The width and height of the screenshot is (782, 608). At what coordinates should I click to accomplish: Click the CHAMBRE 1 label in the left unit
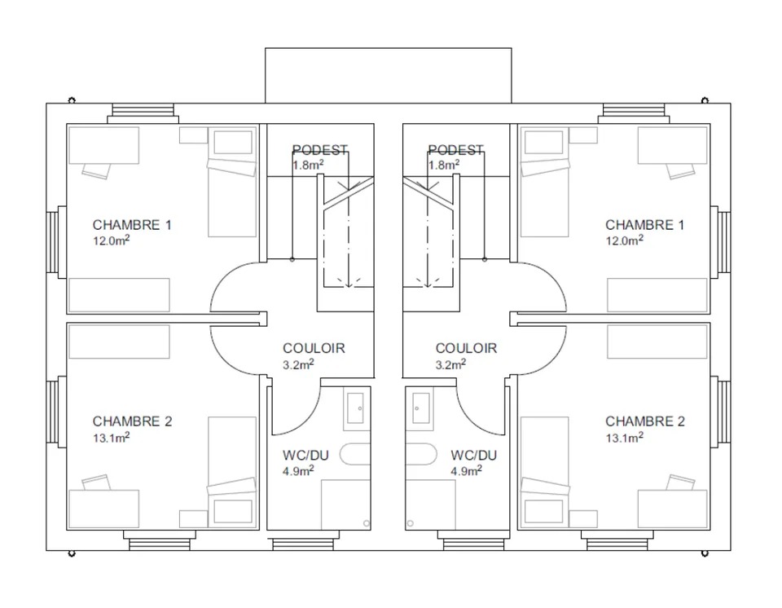pyautogui.click(x=132, y=225)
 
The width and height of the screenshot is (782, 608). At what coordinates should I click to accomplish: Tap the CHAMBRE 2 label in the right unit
pyautogui.click(x=645, y=421)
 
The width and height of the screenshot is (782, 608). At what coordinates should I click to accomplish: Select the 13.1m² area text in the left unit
pyautogui.click(x=112, y=438)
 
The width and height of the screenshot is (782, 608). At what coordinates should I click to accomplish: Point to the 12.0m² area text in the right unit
pyautogui.click(x=625, y=240)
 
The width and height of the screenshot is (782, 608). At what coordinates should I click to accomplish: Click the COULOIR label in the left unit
pyautogui.click(x=314, y=348)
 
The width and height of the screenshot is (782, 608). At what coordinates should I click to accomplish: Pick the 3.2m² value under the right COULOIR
pyautogui.click(x=450, y=364)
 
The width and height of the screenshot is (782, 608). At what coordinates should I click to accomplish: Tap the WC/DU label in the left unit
pyautogui.click(x=305, y=456)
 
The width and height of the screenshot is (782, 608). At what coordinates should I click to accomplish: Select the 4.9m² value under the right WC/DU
pyautogui.click(x=466, y=471)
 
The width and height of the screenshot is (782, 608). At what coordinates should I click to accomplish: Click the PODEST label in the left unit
pyautogui.click(x=319, y=150)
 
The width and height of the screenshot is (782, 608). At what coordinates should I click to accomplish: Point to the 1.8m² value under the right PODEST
pyautogui.click(x=444, y=165)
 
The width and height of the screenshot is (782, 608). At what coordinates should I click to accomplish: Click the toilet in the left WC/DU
pyautogui.click(x=355, y=454)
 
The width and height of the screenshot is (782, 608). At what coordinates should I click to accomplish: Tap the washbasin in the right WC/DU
pyautogui.click(x=421, y=408)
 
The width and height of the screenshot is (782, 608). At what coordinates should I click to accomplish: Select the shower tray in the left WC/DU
pyautogui.click(x=345, y=504)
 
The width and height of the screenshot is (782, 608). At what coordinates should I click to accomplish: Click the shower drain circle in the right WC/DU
pyautogui.click(x=411, y=523)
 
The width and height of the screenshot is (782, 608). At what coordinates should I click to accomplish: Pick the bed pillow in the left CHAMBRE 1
pyautogui.click(x=233, y=143)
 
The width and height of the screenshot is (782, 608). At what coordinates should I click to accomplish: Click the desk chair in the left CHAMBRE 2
pyautogui.click(x=97, y=482)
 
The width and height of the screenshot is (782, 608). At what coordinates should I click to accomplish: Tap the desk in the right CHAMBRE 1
pyautogui.click(x=672, y=145)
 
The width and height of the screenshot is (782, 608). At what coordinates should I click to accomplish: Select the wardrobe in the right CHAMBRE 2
pyautogui.click(x=657, y=341)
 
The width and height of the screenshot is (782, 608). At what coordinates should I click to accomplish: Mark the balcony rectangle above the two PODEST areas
pyautogui.click(x=388, y=75)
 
